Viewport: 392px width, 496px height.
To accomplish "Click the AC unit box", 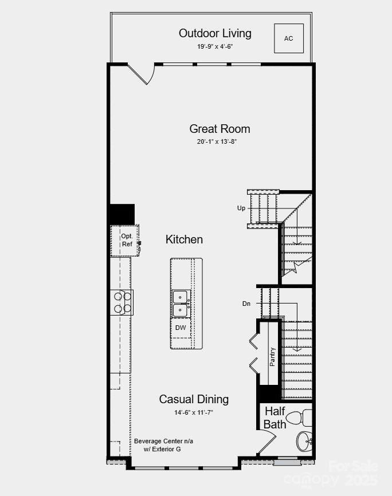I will click(288, 38).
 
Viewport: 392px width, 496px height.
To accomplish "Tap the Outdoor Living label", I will click(215, 33).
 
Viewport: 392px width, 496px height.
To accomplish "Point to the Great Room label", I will click(219, 129).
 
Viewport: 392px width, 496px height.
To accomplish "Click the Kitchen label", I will click(184, 239).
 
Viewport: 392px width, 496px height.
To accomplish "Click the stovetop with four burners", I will click(122, 302).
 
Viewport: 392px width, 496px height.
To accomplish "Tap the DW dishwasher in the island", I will click(181, 328).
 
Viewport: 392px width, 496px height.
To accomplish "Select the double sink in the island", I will click(181, 304).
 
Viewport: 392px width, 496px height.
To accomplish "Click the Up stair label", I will click(241, 208).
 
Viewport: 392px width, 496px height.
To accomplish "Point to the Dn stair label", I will click(246, 304).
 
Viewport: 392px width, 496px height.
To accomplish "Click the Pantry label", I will click(272, 357).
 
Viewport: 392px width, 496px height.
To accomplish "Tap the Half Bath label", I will click(275, 418).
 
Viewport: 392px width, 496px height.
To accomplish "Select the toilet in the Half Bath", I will click(298, 418).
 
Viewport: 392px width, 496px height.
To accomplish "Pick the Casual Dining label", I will click(194, 399).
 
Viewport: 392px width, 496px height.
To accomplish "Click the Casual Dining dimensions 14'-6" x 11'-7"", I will click(194, 412).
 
